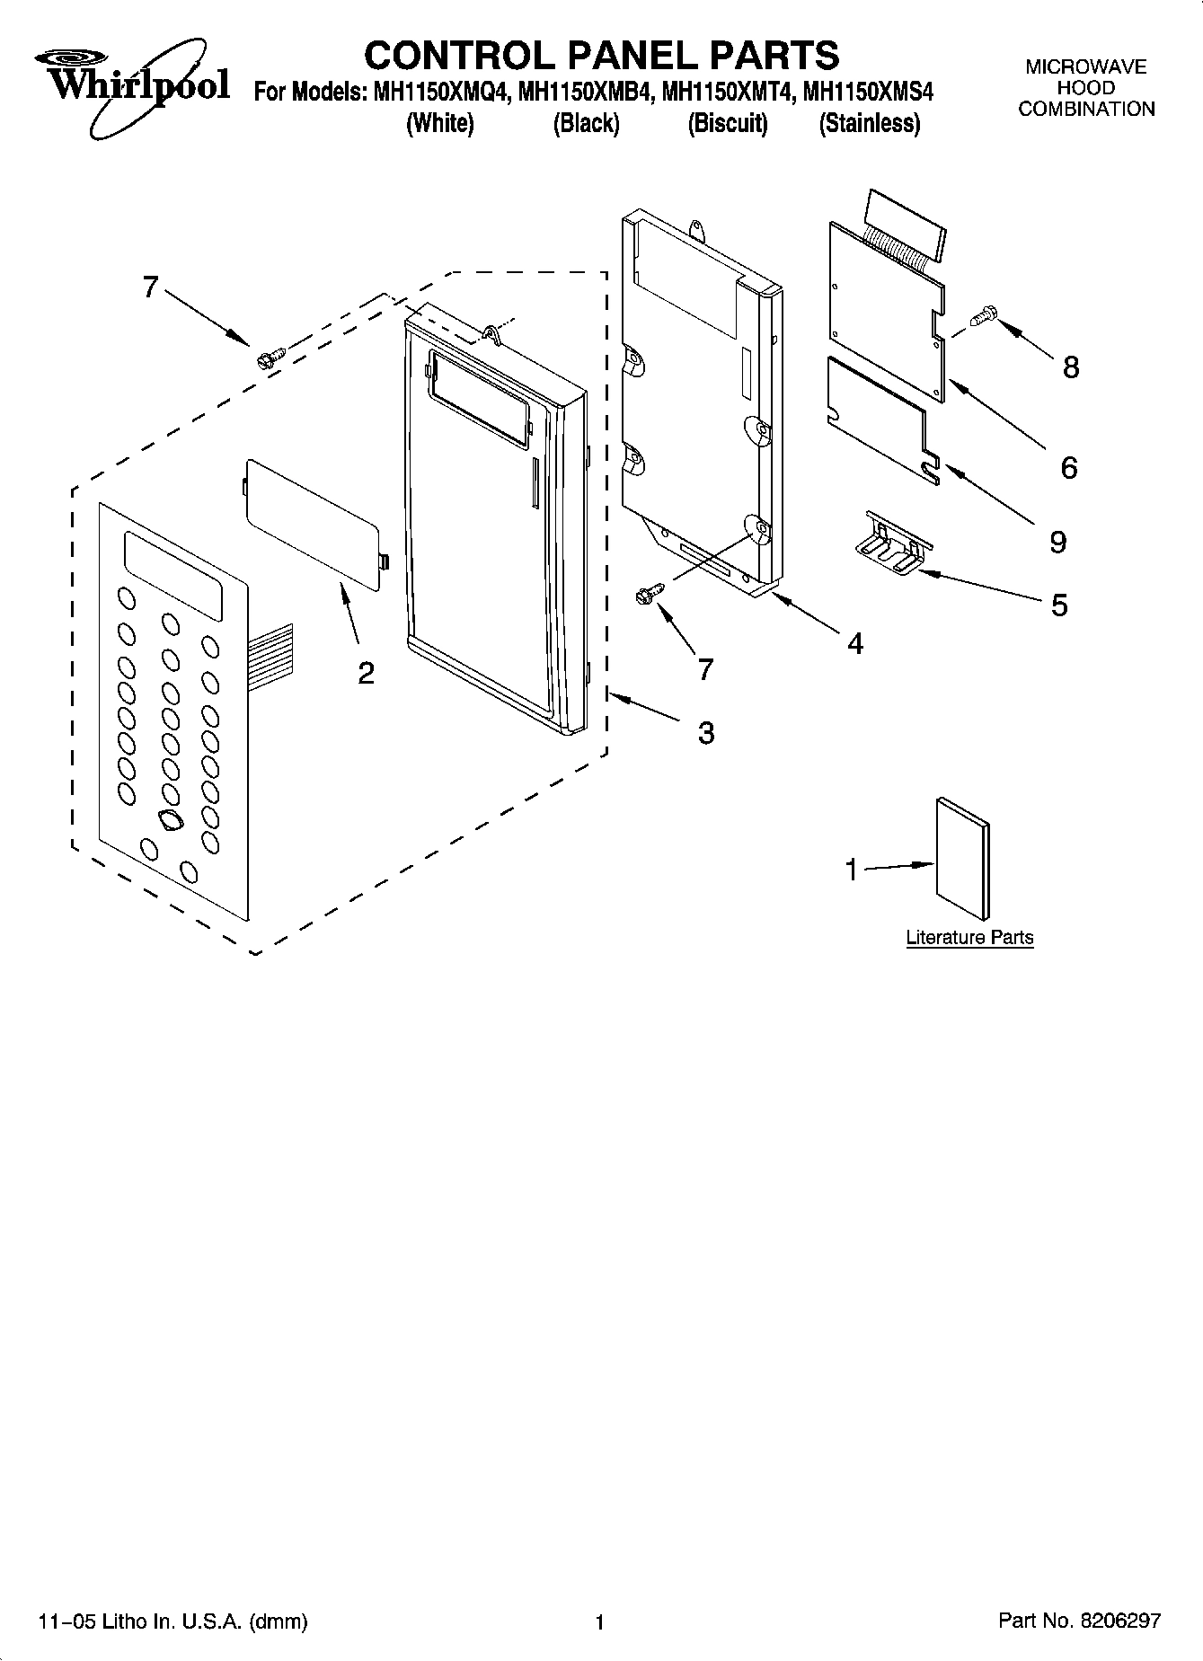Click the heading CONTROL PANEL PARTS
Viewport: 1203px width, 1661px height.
pyautogui.click(x=601, y=56)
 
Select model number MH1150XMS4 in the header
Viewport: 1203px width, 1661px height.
pyautogui.click(x=868, y=93)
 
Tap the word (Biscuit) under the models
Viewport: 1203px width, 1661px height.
pyautogui.click(x=728, y=123)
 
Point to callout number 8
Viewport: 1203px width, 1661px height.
pyautogui.click(x=1070, y=367)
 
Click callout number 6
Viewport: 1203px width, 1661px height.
pyautogui.click(x=1068, y=467)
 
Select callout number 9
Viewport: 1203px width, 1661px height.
pyautogui.click(x=1057, y=542)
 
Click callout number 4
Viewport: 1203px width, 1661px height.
pyautogui.click(x=854, y=643)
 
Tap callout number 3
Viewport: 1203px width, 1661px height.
pyautogui.click(x=706, y=733)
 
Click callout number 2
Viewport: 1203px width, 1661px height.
pyautogui.click(x=366, y=673)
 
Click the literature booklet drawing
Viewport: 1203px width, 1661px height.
pyautogui.click(x=962, y=859)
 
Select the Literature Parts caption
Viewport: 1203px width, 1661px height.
pyautogui.click(x=969, y=937)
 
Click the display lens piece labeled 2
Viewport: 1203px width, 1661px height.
pyautogui.click(x=315, y=524)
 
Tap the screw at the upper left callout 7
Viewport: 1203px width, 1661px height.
pyautogui.click(x=270, y=358)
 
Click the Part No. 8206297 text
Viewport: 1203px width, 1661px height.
pyautogui.click(x=1079, y=1621)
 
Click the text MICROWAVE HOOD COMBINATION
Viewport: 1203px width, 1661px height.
pyautogui.click(x=1085, y=88)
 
